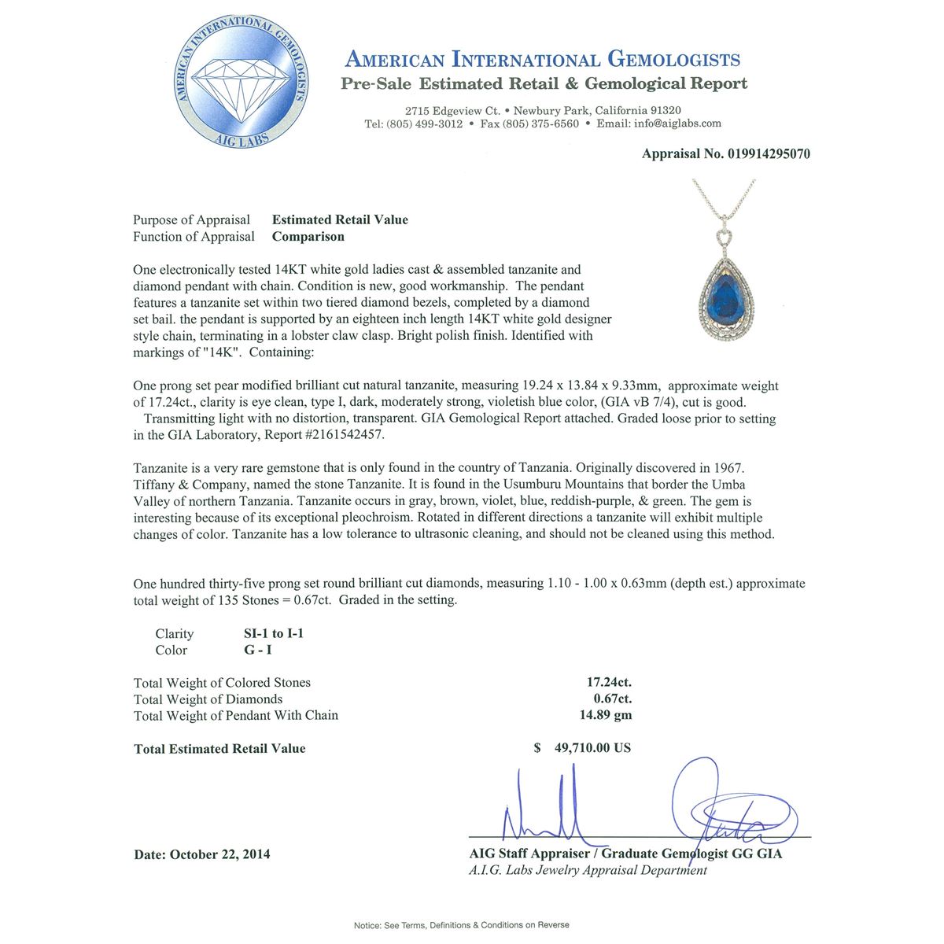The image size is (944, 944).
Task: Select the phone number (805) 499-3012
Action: [x=425, y=124]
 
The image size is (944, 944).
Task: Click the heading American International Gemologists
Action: [x=543, y=60]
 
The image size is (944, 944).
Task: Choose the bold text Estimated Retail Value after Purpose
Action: [x=340, y=220]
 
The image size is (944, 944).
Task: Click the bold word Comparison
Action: [x=308, y=237]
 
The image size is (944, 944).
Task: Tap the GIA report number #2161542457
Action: [x=345, y=435]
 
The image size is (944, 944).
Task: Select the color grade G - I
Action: [x=259, y=651]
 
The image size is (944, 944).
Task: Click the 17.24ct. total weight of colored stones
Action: [x=606, y=683]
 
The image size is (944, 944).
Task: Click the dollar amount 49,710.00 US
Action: [x=592, y=748]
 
